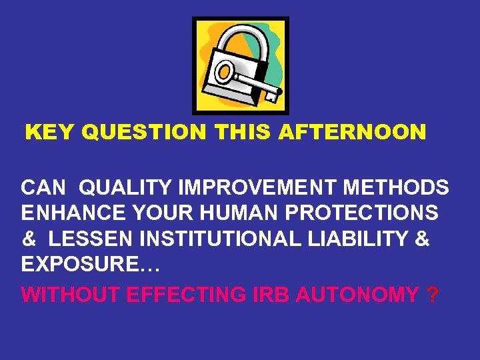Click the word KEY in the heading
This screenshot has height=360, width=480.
pos(50,133)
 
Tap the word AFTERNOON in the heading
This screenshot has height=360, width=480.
pos(352,133)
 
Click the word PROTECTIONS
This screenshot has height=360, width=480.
pos(354,213)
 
